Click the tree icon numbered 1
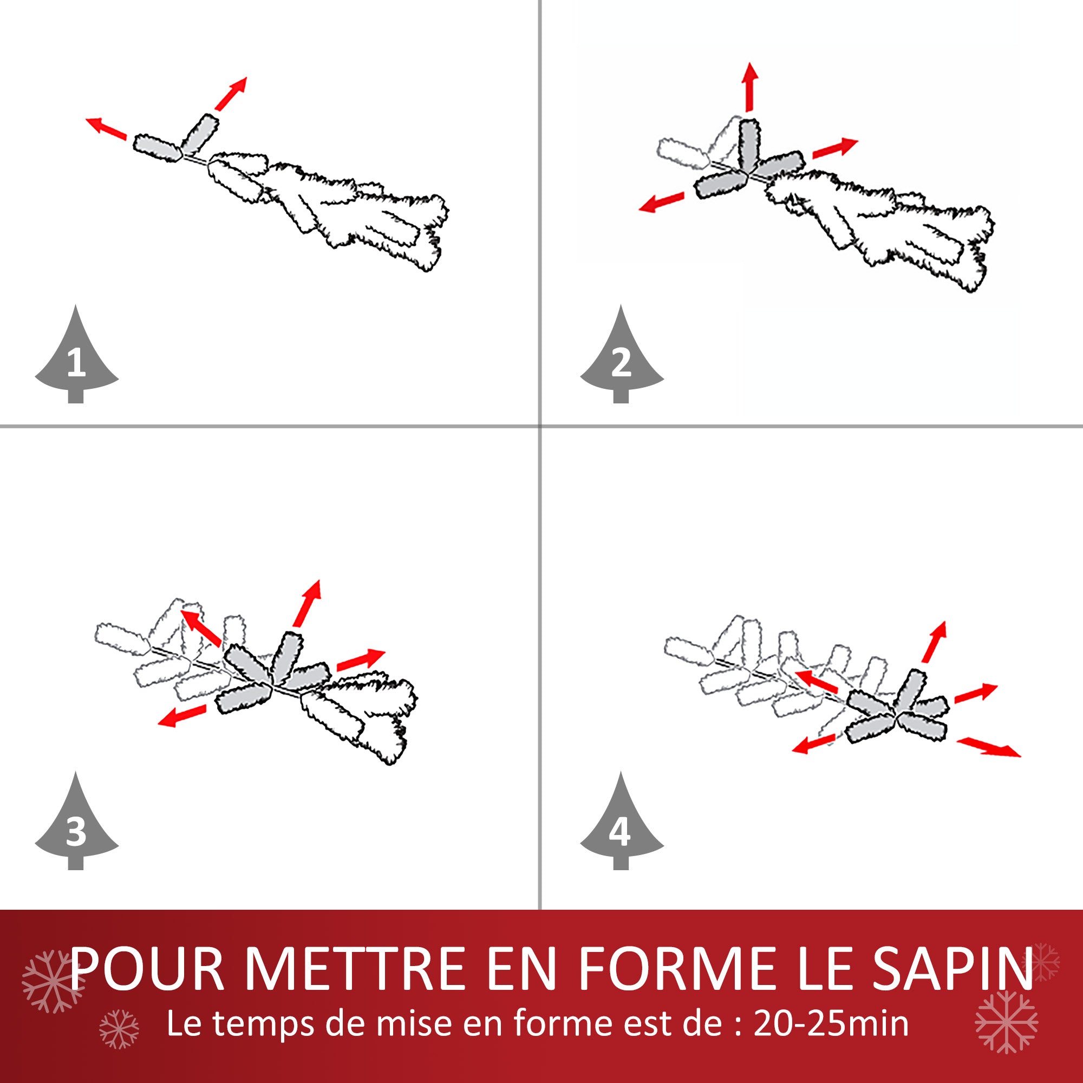click(76, 359)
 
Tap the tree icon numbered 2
click(621, 359)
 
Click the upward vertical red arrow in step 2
click(749, 87)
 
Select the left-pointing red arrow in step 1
click(106, 127)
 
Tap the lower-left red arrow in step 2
click(662, 202)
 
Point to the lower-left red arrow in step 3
click(181, 716)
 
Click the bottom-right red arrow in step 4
click(988, 747)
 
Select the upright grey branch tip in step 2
click(749, 143)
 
